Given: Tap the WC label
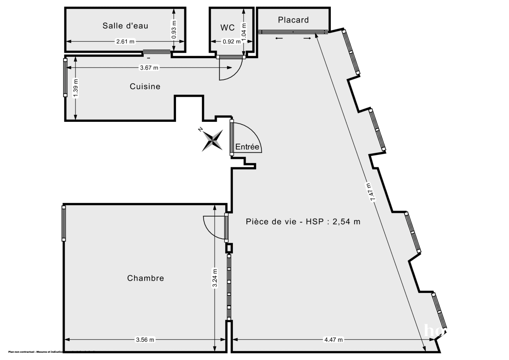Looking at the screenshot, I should point(227,28).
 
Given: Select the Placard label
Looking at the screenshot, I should point(293,20).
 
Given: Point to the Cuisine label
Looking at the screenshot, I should point(145,87).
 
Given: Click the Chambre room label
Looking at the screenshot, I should point(145,278).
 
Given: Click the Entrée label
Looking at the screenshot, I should point(247,147).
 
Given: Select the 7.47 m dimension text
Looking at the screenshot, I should point(371,192).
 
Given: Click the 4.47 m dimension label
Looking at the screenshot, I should point(333,340).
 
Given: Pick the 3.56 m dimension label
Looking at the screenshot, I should point(145,340).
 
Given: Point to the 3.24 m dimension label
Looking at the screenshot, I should point(215,278).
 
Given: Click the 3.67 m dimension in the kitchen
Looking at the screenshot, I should point(149,67).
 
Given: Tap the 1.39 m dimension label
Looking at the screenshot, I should point(76,88).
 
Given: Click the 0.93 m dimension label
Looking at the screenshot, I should point(174,30).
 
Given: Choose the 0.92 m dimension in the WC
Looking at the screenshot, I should point(231,42).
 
